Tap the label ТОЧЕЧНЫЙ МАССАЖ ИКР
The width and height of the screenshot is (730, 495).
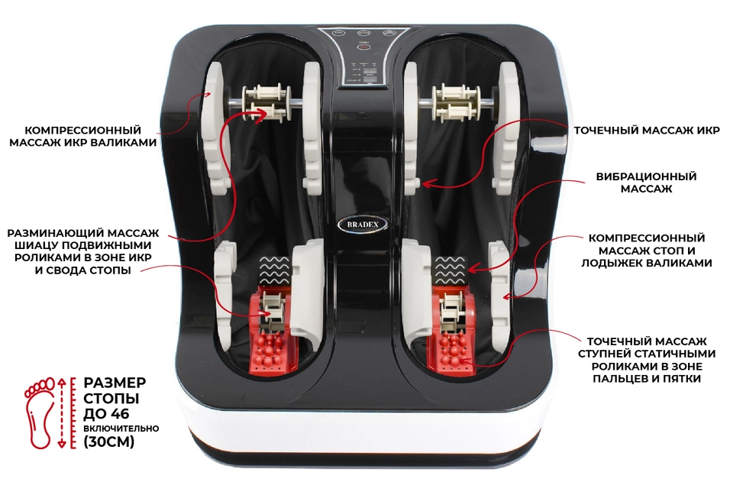[647, 130]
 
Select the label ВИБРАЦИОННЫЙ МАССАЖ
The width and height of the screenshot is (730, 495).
[646, 183]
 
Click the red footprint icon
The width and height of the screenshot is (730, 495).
[37, 409]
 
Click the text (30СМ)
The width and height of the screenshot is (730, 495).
[108, 442]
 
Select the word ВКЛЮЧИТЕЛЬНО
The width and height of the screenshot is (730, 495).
[121, 429]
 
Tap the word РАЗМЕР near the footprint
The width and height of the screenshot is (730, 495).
[115, 383]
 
